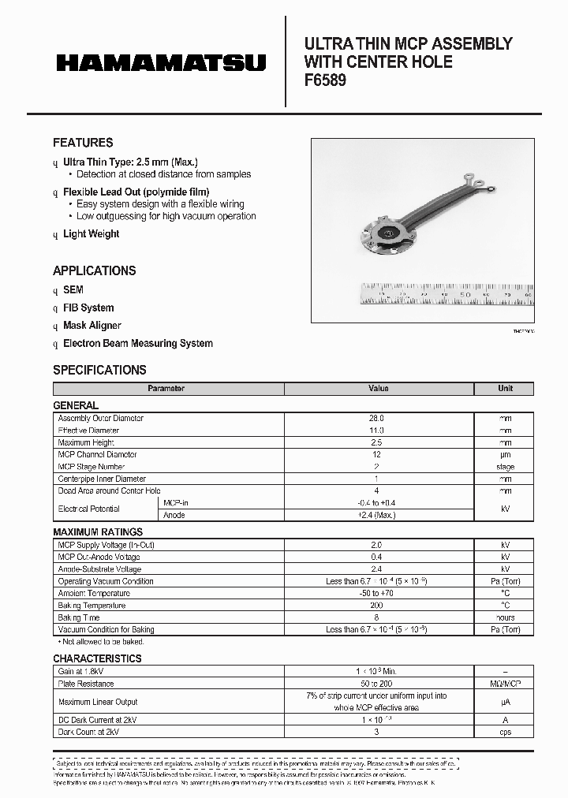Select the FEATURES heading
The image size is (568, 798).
point(83,143)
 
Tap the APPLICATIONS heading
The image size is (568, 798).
point(94,270)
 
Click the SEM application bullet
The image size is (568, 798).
point(73,289)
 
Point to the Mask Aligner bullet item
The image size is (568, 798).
point(92,325)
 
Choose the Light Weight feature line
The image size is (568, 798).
point(91,233)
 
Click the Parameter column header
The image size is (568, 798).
point(166,389)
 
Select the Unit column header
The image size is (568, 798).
point(505,389)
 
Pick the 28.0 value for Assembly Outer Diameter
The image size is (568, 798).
point(377,418)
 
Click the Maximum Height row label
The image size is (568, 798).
point(87,442)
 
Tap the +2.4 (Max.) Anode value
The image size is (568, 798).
point(377,515)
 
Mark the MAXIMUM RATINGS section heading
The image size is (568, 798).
point(98,532)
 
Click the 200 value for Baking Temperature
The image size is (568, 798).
point(377,605)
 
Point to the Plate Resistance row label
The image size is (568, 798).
point(86,684)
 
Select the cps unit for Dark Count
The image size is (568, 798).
point(505,732)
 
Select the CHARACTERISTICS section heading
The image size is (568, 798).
point(97,658)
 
